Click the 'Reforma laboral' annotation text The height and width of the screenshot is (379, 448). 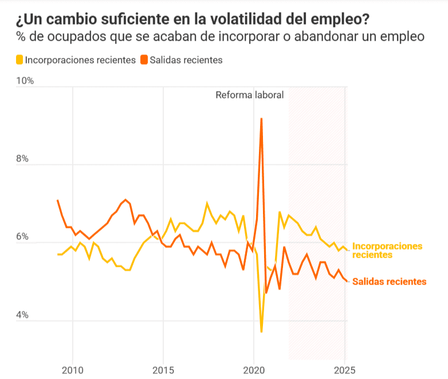tap(249, 95)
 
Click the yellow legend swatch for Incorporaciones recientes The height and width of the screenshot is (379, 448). tap(19, 60)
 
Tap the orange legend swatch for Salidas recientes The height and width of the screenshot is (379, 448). tap(144, 60)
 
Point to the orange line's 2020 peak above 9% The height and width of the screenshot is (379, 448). tap(261, 119)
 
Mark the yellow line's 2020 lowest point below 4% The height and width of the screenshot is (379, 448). tap(261, 331)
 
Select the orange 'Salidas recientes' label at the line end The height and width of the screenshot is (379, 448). tap(389, 281)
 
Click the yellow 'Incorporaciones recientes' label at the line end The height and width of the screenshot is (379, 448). tap(387, 250)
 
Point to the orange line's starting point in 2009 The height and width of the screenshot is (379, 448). tap(58, 200)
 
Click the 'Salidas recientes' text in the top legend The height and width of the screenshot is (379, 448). tap(186, 60)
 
